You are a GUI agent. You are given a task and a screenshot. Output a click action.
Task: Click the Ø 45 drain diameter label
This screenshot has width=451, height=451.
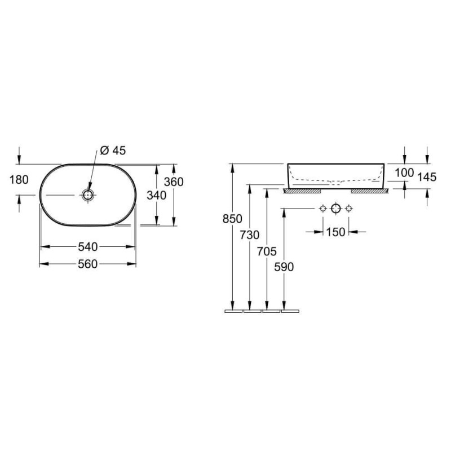113,151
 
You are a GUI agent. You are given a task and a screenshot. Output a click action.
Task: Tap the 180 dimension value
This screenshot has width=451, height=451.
19,180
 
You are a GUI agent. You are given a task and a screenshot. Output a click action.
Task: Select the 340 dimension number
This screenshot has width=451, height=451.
157,195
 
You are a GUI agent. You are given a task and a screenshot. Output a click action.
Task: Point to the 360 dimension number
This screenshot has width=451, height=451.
174,182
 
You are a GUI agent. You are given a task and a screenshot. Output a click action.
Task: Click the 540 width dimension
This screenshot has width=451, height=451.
88,247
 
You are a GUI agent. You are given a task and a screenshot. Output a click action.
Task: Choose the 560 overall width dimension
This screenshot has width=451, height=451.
88,264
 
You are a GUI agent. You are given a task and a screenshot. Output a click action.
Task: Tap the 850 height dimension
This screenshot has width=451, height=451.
232,219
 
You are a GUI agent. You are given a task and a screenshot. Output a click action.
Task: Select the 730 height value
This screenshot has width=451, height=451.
250,235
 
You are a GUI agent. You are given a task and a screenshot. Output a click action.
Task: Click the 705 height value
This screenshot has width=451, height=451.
267,251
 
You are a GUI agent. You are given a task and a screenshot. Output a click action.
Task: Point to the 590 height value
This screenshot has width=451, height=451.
284,267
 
